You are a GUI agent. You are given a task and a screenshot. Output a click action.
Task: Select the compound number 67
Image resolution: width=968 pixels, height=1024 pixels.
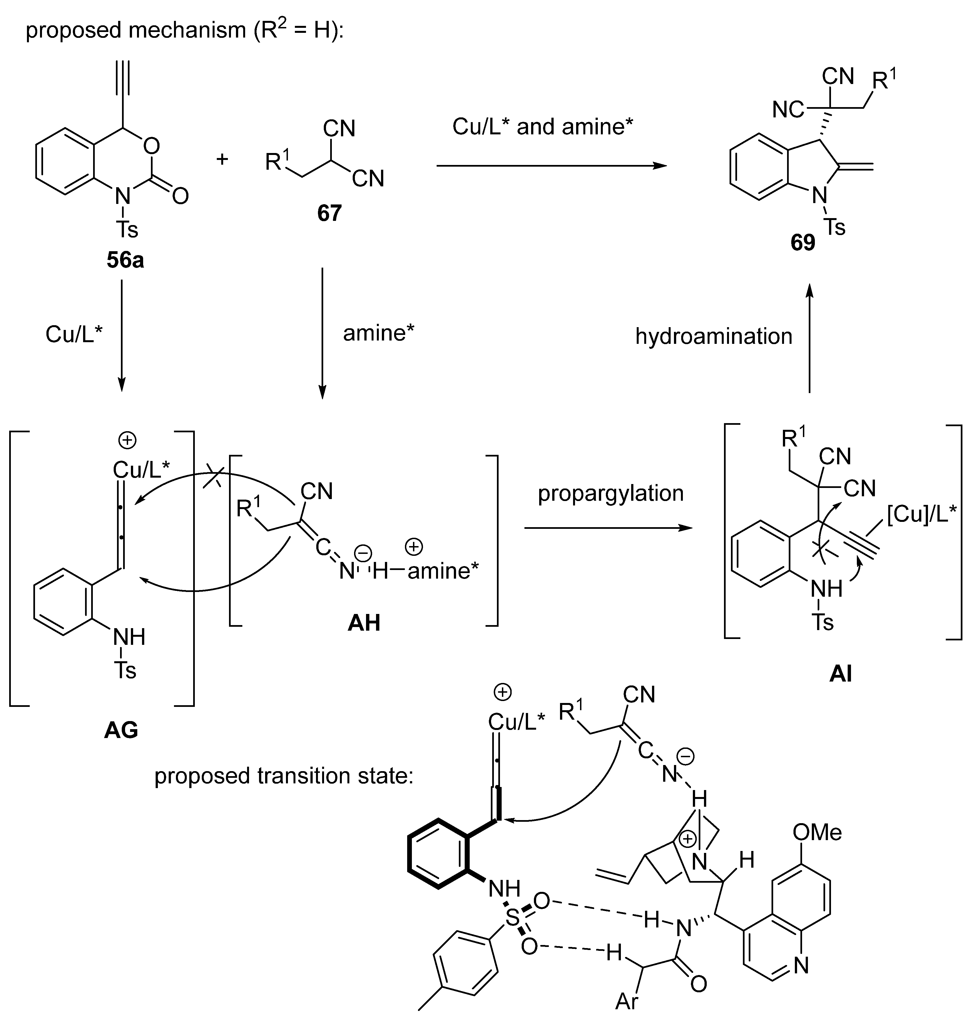(x=329, y=213)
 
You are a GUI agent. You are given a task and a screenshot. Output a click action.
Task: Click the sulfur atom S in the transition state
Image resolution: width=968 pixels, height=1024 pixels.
(x=512, y=918)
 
